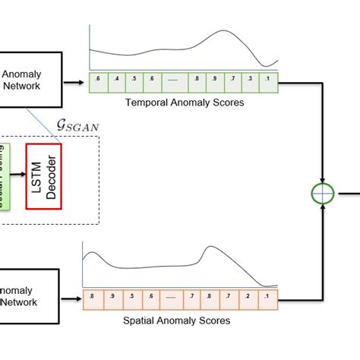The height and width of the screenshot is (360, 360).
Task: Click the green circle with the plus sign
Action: pos(324,194)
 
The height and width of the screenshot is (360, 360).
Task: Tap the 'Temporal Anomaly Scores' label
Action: pos(184,102)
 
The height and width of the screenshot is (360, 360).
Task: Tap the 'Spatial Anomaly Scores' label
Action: pos(176,321)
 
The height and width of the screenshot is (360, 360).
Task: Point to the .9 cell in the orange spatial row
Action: pos(112,298)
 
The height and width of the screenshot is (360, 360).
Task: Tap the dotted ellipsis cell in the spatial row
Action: pos(169,298)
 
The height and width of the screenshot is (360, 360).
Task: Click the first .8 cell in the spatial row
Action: pos(92,298)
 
